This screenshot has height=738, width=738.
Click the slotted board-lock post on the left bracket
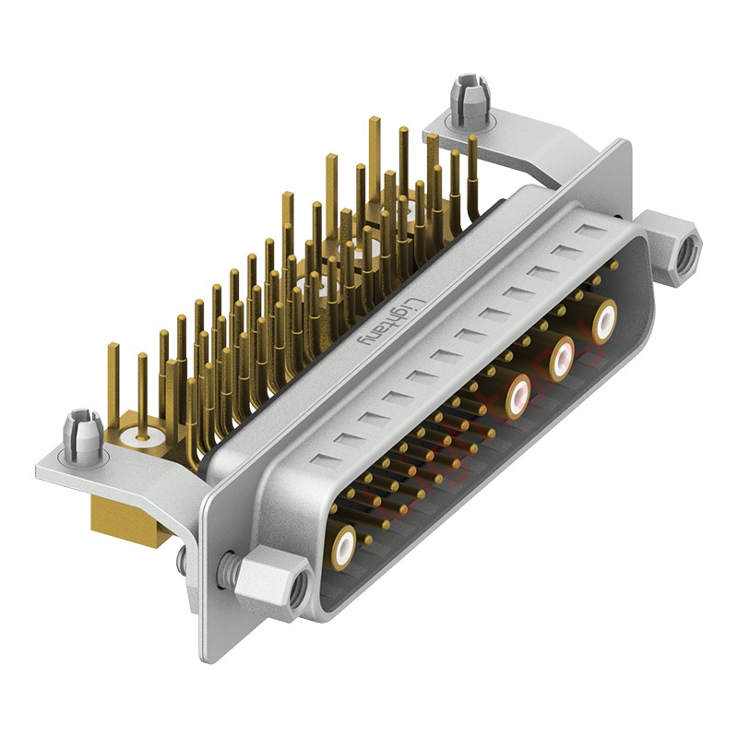[x=82, y=435]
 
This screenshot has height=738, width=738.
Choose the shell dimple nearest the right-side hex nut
[x=587, y=228]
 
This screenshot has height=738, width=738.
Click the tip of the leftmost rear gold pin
[x=113, y=349]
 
